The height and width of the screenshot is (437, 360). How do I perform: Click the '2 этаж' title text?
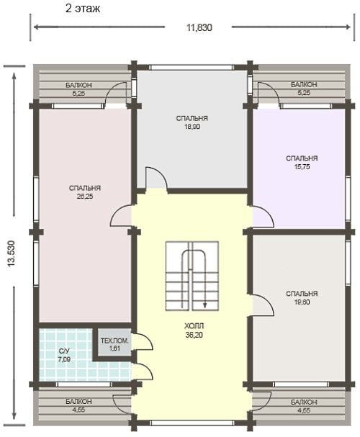pos(83,9)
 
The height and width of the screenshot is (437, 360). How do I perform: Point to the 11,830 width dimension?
pos(199,27)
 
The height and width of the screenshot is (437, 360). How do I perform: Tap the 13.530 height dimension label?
pos(11,253)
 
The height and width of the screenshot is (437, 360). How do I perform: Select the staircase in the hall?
pos(192,276)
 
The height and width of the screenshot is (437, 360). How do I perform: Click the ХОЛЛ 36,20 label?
pos(194,330)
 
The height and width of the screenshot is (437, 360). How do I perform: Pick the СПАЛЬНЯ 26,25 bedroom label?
pos(85,192)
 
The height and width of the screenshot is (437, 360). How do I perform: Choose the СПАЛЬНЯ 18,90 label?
pos(192,122)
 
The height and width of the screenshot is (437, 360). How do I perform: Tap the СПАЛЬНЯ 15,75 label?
pos(302,163)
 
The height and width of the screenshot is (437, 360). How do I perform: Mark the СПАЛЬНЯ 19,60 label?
pos(302,297)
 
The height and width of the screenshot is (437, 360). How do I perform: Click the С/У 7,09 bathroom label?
pos(64,355)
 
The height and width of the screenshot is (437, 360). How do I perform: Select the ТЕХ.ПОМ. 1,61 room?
pos(114,344)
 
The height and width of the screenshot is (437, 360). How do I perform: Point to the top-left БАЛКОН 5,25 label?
pos(79,89)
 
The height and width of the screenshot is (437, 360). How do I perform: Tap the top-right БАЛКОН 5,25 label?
pos(304,89)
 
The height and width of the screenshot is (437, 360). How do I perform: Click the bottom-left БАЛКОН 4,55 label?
pos(79,405)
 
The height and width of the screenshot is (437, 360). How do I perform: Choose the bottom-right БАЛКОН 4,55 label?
pos(304,406)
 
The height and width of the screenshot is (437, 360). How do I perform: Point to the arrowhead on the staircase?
pos(204,305)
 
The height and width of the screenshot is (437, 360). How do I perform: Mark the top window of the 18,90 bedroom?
pos(191,67)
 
